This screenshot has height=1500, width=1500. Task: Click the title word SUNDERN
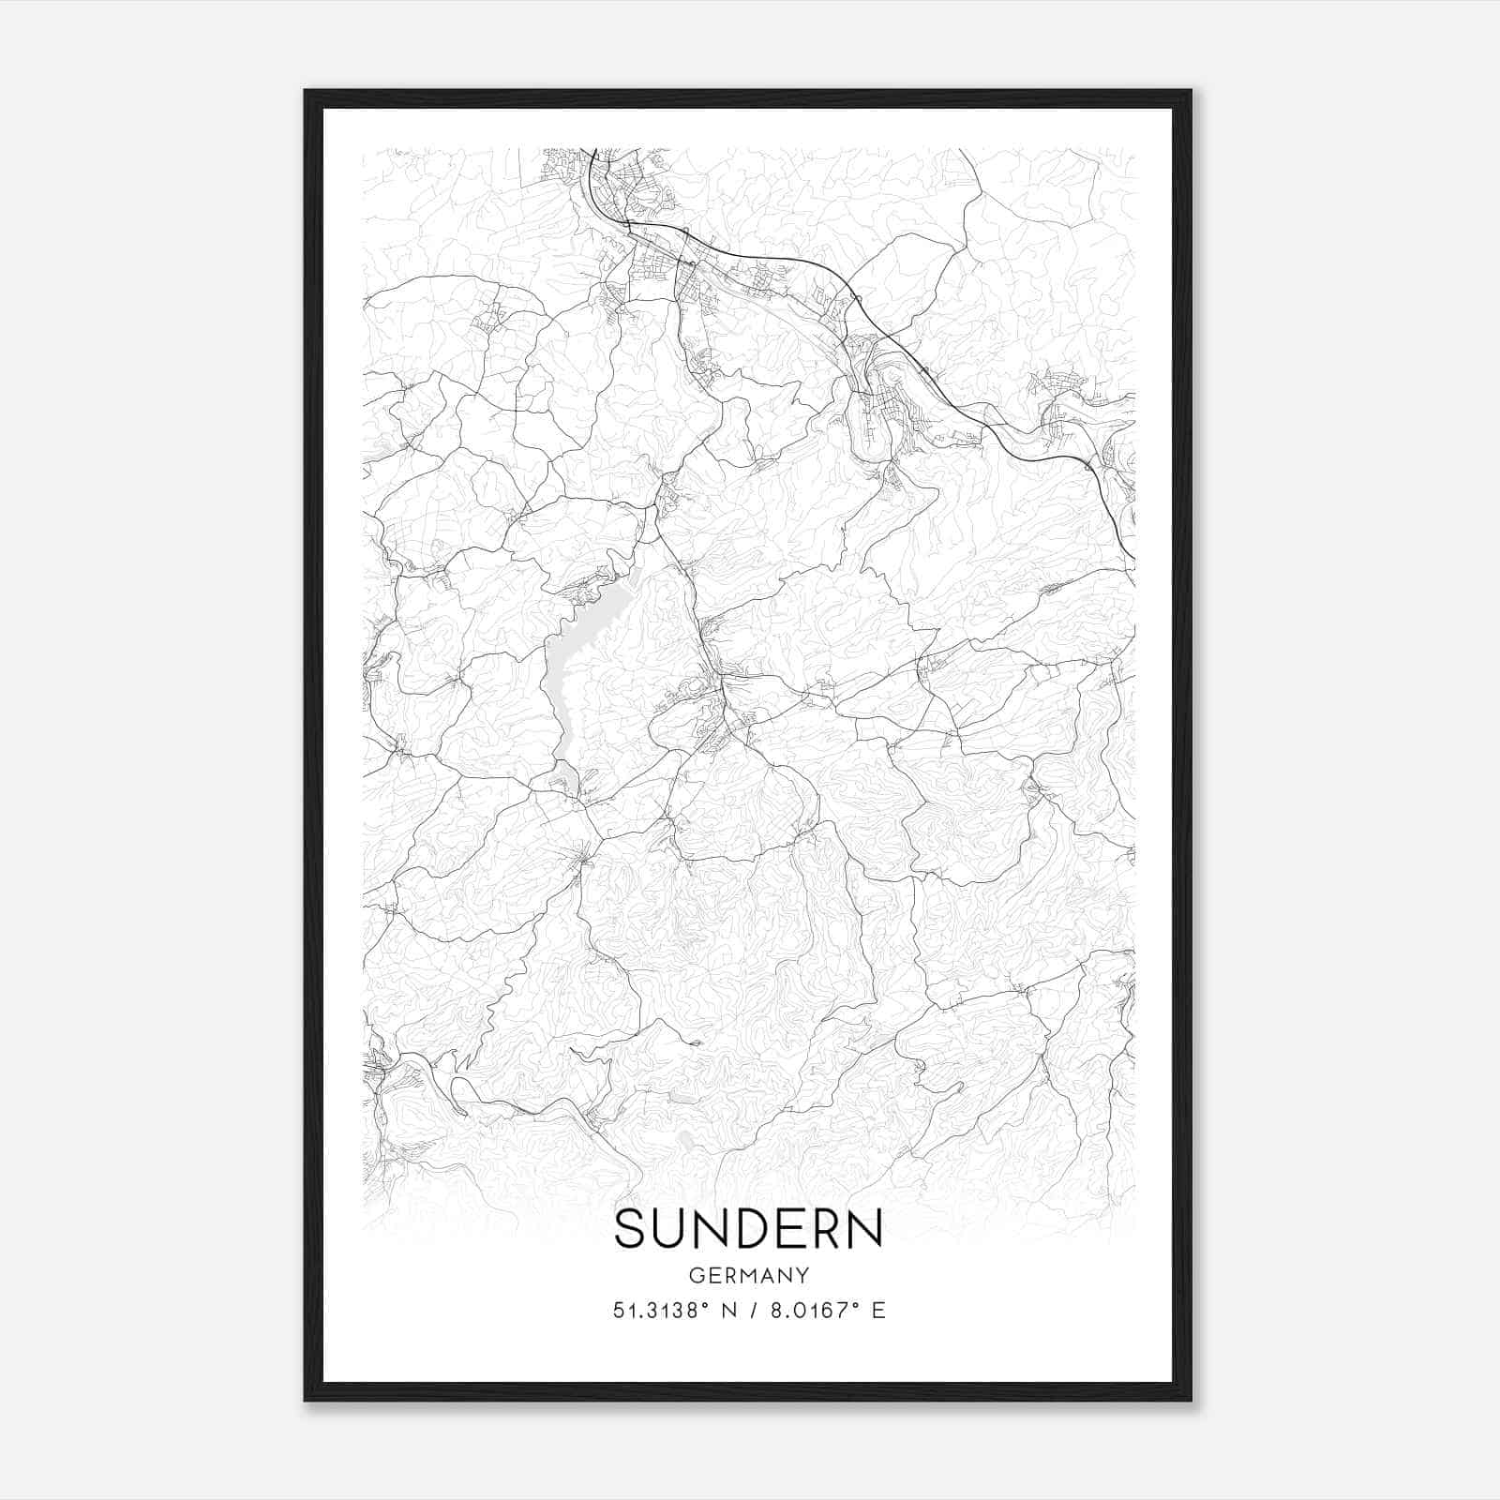coord(748,1229)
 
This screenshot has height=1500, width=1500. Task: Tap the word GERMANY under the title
coord(749,1275)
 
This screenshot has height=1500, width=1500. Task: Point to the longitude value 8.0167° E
coord(825,1311)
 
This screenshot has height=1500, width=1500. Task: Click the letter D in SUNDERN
coord(751,1229)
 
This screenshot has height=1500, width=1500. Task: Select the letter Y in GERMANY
coord(803,1275)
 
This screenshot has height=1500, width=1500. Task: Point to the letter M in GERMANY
coord(749,1275)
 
